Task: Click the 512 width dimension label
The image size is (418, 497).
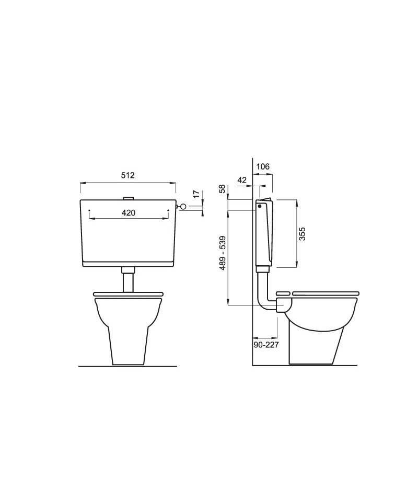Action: pyautogui.click(x=128, y=175)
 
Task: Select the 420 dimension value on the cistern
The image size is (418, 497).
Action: pyautogui.click(x=129, y=213)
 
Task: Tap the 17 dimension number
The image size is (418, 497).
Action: pyautogui.click(x=196, y=194)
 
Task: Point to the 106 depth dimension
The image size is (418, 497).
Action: pyautogui.click(x=263, y=166)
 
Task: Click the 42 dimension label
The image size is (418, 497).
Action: pyautogui.click(x=242, y=180)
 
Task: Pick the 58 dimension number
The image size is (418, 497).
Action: pyautogui.click(x=222, y=188)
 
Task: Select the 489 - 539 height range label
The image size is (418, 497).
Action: pyautogui.click(x=223, y=253)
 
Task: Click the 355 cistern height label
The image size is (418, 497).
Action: pyautogui.click(x=302, y=234)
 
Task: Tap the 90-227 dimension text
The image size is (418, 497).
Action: pyautogui.click(x=266, y=344)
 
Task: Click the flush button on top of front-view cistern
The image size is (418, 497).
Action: pyautogui.click(x=128, y=198)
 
